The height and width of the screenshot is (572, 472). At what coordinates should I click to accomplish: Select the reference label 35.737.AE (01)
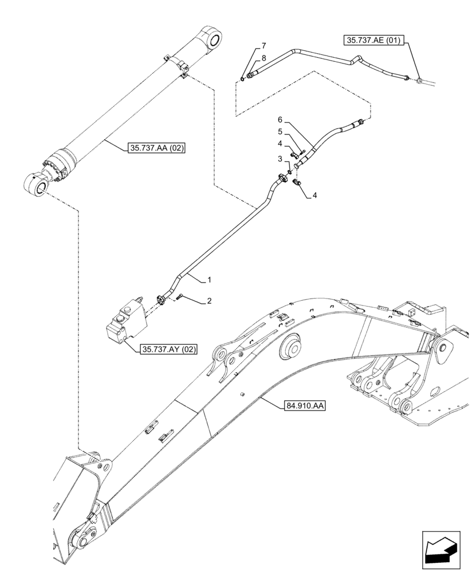[374, 40]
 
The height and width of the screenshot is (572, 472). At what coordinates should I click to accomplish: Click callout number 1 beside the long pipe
[210, 280]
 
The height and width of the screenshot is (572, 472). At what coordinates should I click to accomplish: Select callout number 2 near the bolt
[209, 300]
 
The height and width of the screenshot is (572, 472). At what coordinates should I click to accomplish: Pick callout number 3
[280, 159]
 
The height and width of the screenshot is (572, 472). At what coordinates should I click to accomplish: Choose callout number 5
[280, 132]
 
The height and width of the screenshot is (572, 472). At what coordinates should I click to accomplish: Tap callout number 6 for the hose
[280, 120]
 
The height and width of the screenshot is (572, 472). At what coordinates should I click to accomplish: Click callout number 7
[263, 45]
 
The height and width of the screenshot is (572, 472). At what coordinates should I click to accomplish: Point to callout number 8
[263, 58]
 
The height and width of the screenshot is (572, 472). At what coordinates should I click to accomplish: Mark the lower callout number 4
[315, 195]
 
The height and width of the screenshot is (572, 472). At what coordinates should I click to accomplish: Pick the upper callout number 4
[280, 144]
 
